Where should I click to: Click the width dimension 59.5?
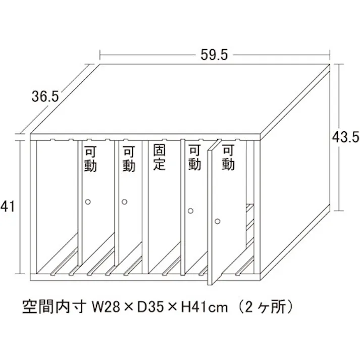(x=214, y=55)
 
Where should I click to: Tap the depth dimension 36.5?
(x=45, y=96)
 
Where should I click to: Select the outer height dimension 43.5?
(x=345, y=137)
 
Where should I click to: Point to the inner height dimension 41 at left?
(x=8, y=206)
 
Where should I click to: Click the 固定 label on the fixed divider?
(x=160, y=157)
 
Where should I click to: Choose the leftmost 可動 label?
(x=90, y=159)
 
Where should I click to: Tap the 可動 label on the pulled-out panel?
(x=228, y=157)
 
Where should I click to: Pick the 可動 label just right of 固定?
(x=195, y=157)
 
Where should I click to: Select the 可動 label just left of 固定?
(x=129, y=159)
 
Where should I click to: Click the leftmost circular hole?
(x=88, y=202)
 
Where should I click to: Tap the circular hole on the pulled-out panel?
(x=218, y=221)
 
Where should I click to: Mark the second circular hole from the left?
(x=124, y=202)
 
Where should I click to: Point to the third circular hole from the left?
(x=190, y=211)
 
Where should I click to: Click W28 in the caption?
(x=106, y=307)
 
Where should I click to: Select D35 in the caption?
(x=151, y=307)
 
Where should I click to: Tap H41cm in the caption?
(x=204, y=307)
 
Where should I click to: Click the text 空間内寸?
(x=55, y=307)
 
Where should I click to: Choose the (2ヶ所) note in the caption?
(x=265, y=307)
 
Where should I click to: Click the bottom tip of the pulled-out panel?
(x=210, y=285)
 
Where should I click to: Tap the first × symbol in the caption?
(x=129, y=307)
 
